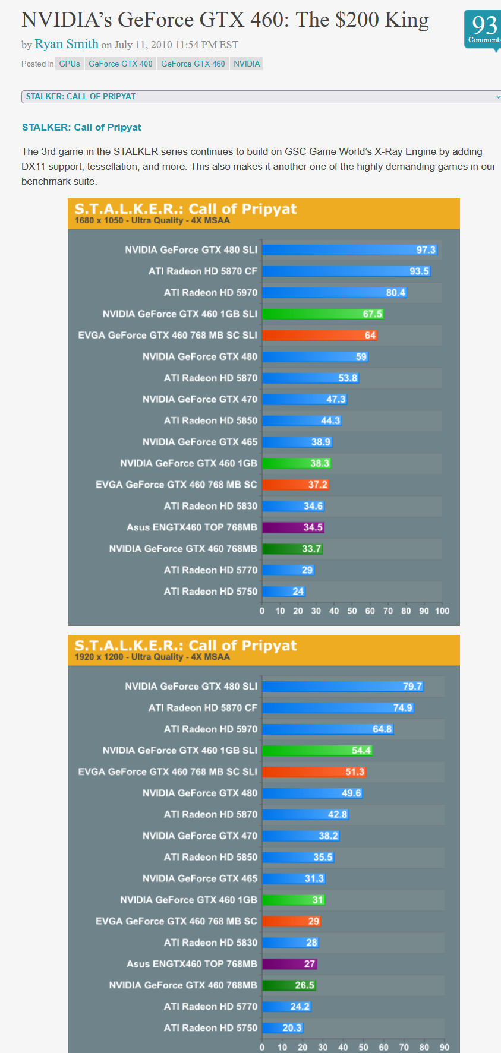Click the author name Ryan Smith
click(x=67, y=44)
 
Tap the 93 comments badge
click(x=484, y=29)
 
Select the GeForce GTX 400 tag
click(x=121, y=64)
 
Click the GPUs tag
click(x=70, y=64)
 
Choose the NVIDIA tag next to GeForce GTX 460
click(x=247, y=64)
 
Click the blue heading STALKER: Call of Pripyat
click(x=81, y=127)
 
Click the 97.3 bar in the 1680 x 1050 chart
click(x=349, y=250)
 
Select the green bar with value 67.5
click(x=323, y=314)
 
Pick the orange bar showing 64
click(x=320, y=335)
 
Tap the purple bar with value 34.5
click(x=293, y=527)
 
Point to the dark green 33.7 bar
click(x=292, y=549)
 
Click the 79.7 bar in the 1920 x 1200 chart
click(x=343, y=687)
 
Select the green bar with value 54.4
click(x=317, y=751)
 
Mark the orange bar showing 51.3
click(x=314, y=772)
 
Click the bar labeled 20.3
click(x=283, y=1028)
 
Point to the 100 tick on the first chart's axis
click(x=442, y=611)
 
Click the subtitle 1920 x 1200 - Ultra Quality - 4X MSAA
click(x=152, y=657)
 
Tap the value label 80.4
click(x=395, y=293)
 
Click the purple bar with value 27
click(x=289, y=964)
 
